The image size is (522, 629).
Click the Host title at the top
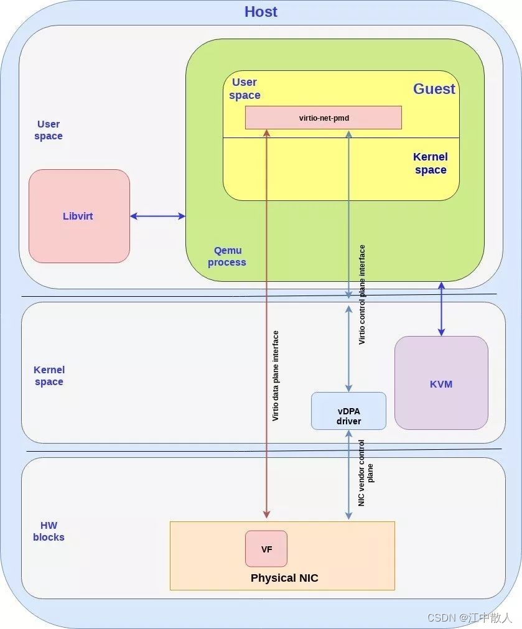pyautogui.click(x=261, y=12)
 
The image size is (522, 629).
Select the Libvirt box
pyautogui.click(x=78, y=217)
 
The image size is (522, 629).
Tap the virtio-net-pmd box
pyautogui.click(x=323, y=117)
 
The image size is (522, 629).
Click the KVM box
pyautogui.click(x=441, y=383)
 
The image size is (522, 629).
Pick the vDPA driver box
pyautogui.click(x=348, y=411)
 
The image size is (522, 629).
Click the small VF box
pyautogui.click(x=266, y=549)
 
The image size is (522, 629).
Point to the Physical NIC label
pyautogui.click(x=284, y=578)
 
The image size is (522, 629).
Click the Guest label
pyautogui.click(x=434, y=89)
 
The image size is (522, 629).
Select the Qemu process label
pyautogui.click(x=227, y=256)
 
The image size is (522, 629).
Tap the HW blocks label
pyautogui.click(x=49, y=531)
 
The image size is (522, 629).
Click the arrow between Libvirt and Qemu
pyautogui.click(x=157, y=216)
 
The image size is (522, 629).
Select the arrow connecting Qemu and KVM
pyautogui.click(x=441, y=309)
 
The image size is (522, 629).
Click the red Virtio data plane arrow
pyautogui.click(x=266, y=324)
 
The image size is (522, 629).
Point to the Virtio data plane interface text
pyautogui.click(x=276, y=376)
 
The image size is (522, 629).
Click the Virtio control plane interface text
pyautogui.click(x=362, y=294)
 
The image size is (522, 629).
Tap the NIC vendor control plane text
pyautogui.click(x=366, y=473)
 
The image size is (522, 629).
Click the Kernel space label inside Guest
pyautogui.click(x=431, y=164)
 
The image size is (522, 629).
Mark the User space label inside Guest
pyautogui.click(x=245, y=88)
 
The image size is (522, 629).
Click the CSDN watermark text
pyautogui.click(x=469, y=618)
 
